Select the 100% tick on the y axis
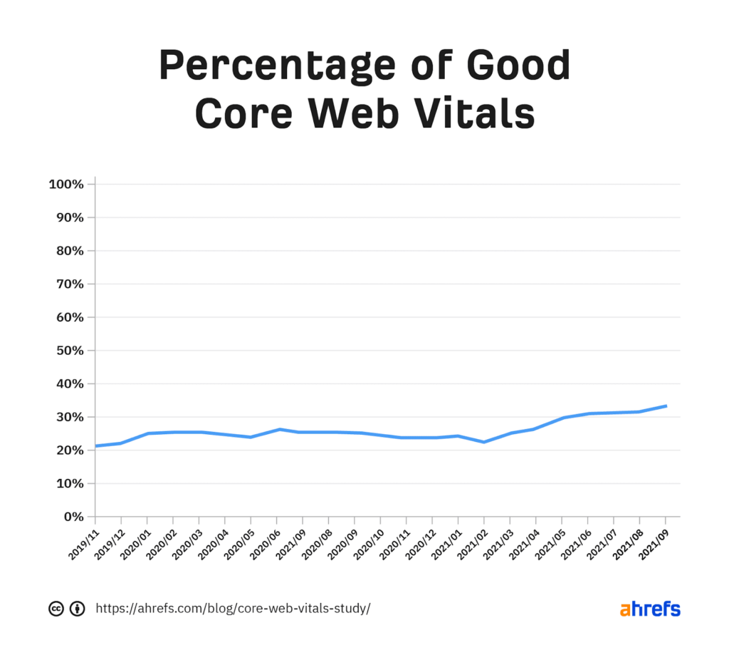(x=66, y=185)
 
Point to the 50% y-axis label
(x=69, y=351)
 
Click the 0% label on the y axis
(x=73, y=517)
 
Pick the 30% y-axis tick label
(x=69, y=417)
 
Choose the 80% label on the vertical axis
(x=69, y=251)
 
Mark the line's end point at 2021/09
(x=666, y=406)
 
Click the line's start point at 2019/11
(x=96, y=446)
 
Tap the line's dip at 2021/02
(x=484, y=442)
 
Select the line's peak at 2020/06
(x=279, y=429)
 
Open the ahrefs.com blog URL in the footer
(x=233, y=609)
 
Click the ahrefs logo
(x=649, y=609)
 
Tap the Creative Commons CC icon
(x=56, y=609)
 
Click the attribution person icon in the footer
(x=78, y=609)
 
